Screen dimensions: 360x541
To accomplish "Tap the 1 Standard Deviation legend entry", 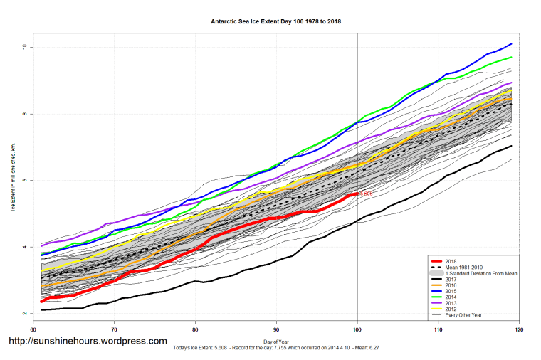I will click(480, 273).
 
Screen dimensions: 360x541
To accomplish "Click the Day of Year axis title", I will click(276, 342).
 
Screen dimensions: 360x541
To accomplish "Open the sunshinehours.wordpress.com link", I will click(88, 342).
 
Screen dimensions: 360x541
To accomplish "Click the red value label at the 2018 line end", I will click(366, 194).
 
